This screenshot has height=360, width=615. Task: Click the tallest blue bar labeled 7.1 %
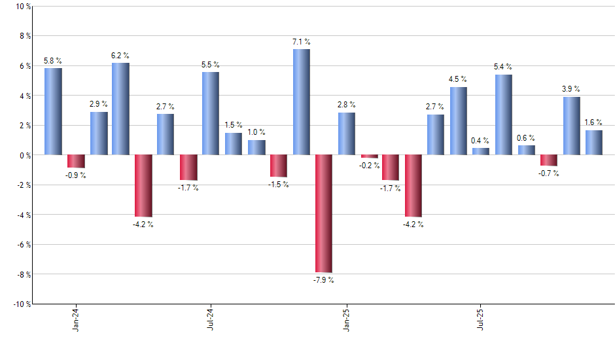(302, 102)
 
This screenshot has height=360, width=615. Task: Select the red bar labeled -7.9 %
(324, 213)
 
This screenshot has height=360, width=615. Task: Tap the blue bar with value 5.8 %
(54, 111)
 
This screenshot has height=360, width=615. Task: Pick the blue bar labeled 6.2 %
(121, 109)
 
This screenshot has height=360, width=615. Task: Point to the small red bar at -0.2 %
(370, 156)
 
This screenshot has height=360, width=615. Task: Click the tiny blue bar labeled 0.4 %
(481, 151)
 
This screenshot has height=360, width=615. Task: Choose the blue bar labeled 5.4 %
(504, 115)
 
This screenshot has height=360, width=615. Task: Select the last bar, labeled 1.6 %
(594, 143)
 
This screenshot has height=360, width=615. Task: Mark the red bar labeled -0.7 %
(549, 160)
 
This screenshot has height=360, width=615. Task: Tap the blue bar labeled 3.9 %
(572, 126)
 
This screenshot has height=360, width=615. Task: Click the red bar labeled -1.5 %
(279, 166)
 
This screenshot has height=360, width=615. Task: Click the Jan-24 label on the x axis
(77, 319)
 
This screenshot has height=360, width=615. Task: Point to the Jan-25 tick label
(346, 319)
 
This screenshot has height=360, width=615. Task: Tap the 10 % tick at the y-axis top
(22, 7)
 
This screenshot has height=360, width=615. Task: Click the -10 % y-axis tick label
(21, 304)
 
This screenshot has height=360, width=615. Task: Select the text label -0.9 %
(77, 175)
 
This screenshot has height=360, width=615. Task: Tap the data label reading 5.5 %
(210, 65)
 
